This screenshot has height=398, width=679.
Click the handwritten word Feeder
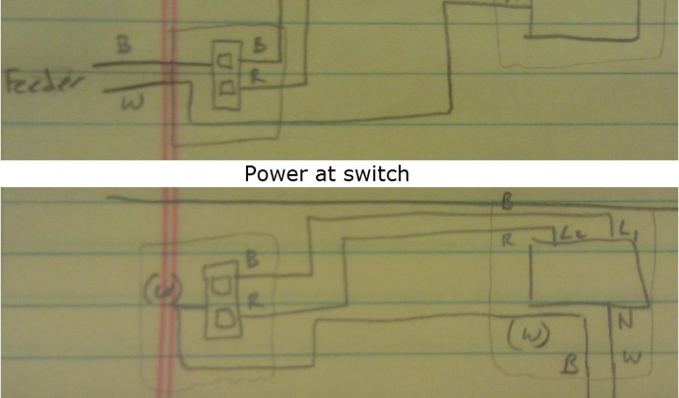[x=45, y=84]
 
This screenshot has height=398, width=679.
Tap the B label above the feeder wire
[x=123, y=46]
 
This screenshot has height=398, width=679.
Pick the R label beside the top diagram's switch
[x=257, y=77]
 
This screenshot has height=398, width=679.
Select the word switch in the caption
[x=377, y=174]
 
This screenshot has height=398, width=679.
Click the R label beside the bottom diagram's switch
[x=255, y=301]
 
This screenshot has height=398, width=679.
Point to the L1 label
[x=627, y=233]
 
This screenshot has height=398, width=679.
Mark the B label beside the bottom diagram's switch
[x=253, y=259]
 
